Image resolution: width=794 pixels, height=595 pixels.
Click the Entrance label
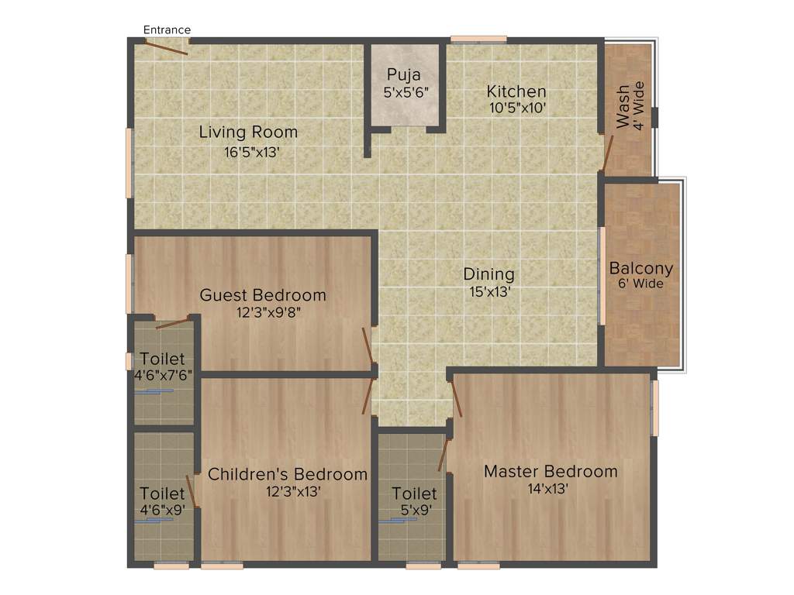pos(167,30)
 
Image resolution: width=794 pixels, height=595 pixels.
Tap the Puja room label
pos(405,75)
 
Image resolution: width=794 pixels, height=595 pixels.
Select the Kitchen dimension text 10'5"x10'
pos(517,108)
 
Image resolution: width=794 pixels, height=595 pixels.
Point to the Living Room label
pos(248,132)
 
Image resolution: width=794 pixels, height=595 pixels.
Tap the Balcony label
pos(641,269)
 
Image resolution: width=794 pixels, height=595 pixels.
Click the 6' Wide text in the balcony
pos(641,284)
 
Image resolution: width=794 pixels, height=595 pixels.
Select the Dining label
pos(488,274)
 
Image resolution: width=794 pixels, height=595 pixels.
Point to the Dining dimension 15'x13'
pos(488,292)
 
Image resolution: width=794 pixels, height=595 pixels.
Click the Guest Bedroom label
pos(263,295)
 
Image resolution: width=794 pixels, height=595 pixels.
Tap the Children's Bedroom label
pos(287,474)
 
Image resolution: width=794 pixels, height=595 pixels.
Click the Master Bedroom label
pos(551,471)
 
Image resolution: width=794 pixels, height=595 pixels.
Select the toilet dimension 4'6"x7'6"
pos(163,374)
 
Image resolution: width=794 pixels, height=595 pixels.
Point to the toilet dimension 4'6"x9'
pos(163,511)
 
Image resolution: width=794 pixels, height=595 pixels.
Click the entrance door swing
pos(167,47)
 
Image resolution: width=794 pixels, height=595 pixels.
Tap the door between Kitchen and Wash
pos(609,153)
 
